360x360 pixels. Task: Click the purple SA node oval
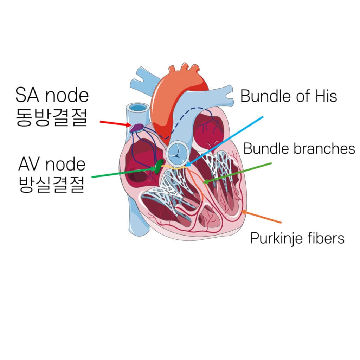[136, 128]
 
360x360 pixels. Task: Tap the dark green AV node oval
[159, 167]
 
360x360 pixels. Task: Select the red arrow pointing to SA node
[115, 123]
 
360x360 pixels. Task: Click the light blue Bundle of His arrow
[224, 141]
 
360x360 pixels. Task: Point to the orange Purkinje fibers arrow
[261, 216]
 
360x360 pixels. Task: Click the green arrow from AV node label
[124, 173]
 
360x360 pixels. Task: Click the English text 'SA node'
[52, 95]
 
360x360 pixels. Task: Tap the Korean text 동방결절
[51, 117]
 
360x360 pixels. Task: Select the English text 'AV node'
[52, 164]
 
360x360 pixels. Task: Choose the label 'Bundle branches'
[299, 149]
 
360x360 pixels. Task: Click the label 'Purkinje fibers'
[297, 238]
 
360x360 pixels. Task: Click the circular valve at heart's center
[178, 153]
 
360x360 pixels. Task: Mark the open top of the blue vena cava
[138, 108]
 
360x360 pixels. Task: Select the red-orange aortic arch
[179, 99]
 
